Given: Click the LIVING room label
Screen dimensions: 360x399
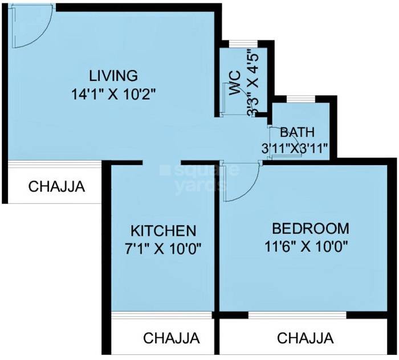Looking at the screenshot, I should point(113,75).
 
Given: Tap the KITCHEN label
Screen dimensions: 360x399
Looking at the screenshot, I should point(164,231).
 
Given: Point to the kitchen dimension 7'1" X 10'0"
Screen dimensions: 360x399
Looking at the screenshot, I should point(164,248).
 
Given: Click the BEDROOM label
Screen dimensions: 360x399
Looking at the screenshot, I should point(311,228).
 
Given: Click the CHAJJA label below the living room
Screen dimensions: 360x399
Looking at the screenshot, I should point(56,186).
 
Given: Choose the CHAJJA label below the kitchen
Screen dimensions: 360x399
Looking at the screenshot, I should point(172,338).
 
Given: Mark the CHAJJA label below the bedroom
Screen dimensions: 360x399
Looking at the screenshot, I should point(306,338).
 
